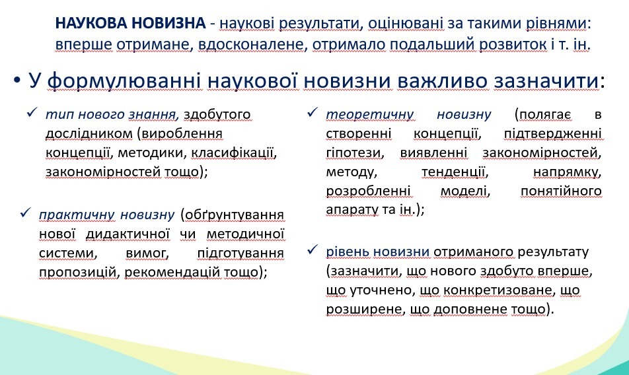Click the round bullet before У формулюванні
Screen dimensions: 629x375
pos(17,81)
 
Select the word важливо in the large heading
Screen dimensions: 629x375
pos(443,81)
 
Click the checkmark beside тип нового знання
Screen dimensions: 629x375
pos(32,113)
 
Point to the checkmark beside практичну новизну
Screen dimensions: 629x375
pos(25,213)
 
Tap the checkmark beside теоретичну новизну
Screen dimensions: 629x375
pos(313,112)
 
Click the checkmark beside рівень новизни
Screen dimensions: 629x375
pos(313,250)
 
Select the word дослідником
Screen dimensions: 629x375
pos(89,133)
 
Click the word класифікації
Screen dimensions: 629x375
pos(234,153)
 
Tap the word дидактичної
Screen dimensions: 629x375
pos(128,234)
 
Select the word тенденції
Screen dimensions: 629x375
pos(455,172)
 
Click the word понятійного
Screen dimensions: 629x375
pos(561,191)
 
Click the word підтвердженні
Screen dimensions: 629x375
pos(553,134)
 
